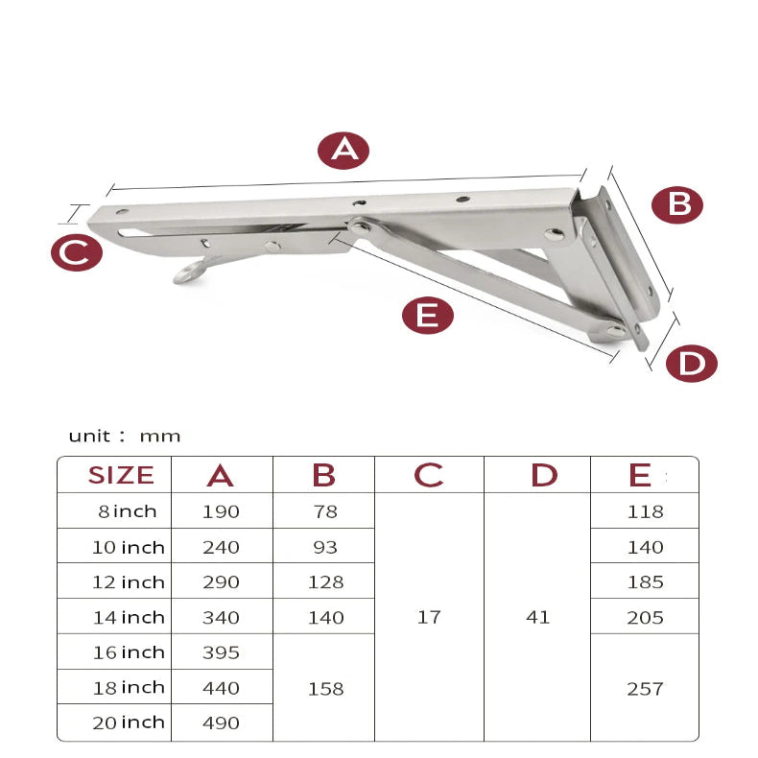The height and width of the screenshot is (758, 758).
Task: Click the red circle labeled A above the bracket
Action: (x=343, y=150)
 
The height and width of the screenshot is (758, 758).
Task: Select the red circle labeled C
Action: (x=76, y=253)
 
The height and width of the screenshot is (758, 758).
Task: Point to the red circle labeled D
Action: (x=691, y=364)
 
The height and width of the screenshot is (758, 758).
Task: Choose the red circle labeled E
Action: (x=427, y=315)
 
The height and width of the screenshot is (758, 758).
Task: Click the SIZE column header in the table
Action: (x=121, y=475)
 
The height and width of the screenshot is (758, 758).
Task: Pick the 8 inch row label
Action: (x=127, y=511)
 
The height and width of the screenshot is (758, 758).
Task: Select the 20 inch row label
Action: (x=129, y=722)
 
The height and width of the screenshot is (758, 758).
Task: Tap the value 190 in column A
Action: (x=222, y=511)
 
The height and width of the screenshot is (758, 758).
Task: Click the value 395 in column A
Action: (x=222, y=652)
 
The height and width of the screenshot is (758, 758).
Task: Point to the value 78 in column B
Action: (x=325, y=511)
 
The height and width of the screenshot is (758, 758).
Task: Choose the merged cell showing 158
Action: (x=325, y=689)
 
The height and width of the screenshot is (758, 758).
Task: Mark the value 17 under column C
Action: (x=429, y=617)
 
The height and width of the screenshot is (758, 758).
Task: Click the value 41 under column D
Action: (x=538, y=617)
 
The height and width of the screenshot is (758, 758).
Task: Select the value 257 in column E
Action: (x=645, y=689)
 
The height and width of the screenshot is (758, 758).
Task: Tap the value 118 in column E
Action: (x=645, y=511)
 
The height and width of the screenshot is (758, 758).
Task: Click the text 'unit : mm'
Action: (x=125, y=436)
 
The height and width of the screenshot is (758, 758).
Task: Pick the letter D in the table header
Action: (x=544, y=475)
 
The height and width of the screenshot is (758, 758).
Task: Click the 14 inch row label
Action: (x=129, y=617)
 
